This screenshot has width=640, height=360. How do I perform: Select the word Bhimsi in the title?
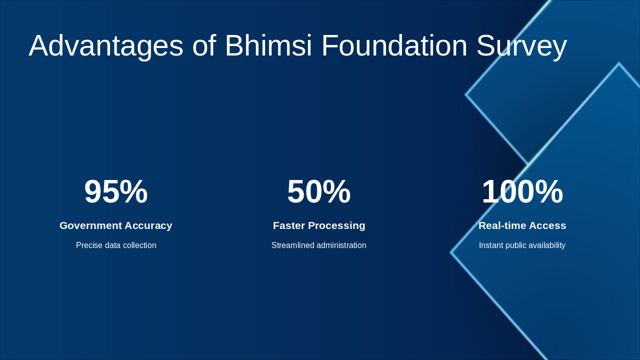(268, 46)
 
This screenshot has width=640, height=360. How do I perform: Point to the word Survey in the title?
(521, 46)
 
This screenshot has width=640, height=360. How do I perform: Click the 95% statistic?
(116, 191)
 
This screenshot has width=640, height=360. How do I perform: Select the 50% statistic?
(319, 191)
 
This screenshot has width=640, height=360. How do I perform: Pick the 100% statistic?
(522, 191)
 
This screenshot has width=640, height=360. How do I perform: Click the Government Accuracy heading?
(116, 225)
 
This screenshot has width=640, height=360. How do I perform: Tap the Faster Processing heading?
(319, 225)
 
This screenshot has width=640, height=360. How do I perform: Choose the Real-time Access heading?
(522, 225)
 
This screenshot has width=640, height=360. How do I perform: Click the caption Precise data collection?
(116, 245)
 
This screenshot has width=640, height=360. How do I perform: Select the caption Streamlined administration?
(319, 245)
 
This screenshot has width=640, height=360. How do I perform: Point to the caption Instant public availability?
(522, 245)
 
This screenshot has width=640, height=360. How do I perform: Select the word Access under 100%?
(547, 225)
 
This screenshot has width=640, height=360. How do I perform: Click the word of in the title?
(204, 46)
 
